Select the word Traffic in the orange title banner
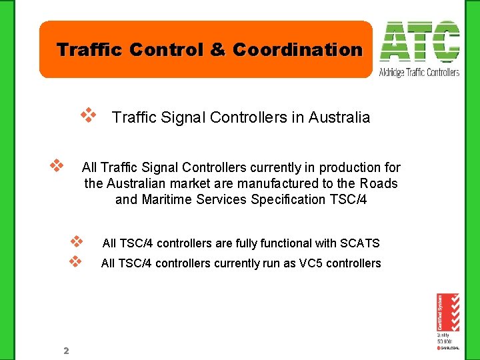[x=83, y=50]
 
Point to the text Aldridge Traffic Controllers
[x=419, y=72]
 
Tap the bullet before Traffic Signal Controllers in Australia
[x=89, y=116]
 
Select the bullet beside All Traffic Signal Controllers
[x=57, y=163]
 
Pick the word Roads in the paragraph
[x=379, y=183]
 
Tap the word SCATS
[x=361, y=243]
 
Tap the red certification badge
[x=448, y=312]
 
